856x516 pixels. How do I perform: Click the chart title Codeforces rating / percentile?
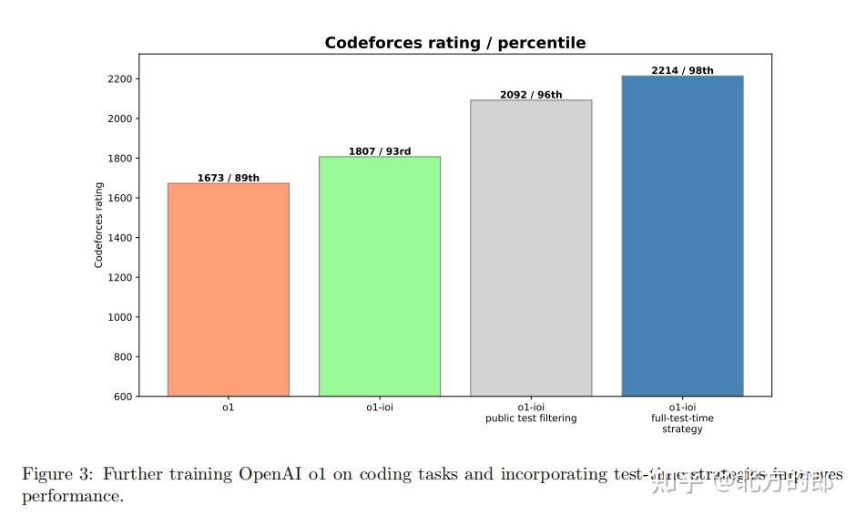(x=455, y=43)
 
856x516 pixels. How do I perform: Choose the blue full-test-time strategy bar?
(x=682, y=236)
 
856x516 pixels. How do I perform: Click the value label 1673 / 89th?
(x=228, y=178)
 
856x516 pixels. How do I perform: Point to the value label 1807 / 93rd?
(x=379, y=151)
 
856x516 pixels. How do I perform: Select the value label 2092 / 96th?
(x=531, y=95)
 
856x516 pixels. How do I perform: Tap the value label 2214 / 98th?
(x=682, y=70)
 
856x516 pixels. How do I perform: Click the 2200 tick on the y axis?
(x=121, y=79)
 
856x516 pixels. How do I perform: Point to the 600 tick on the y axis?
(x=124, y=397)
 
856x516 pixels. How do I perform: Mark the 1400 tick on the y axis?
(x=121, y=238)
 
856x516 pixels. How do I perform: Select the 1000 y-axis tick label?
(x=121, y=317)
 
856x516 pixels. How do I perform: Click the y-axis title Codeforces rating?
(x=99, y=224)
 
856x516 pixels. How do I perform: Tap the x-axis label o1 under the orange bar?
(x=228, y=408)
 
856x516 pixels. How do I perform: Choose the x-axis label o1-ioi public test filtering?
(x=531, y=413)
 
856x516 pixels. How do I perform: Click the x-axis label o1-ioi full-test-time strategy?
(x=682, y=418)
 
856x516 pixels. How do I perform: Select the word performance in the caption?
(x=72, y=497)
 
